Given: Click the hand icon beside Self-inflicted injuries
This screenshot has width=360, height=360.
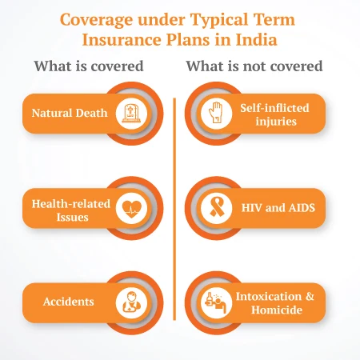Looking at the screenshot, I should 214,114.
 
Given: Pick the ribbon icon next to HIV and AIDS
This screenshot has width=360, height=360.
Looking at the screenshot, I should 214,207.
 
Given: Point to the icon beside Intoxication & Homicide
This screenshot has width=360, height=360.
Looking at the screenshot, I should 214,302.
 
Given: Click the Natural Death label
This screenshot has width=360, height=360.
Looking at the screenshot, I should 70,114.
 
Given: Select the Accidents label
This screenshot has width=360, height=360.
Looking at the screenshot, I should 70,302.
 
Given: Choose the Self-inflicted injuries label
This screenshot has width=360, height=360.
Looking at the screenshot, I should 274,114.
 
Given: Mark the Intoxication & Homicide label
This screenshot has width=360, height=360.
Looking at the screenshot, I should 274,302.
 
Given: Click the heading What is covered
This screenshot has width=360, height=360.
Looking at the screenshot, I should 89,66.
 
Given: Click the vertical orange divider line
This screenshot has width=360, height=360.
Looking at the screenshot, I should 174,208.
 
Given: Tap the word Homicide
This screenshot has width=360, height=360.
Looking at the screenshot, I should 274,310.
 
